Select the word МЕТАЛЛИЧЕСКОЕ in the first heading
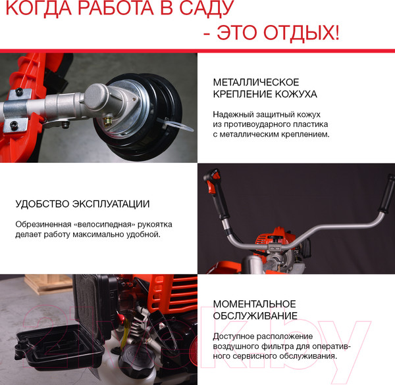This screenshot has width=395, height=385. click(256, 82)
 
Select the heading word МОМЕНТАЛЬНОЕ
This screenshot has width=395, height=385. click(255, 304)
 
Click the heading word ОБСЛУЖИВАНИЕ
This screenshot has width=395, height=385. click(255, 317)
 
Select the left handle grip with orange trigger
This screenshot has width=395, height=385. click(214, 187)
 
